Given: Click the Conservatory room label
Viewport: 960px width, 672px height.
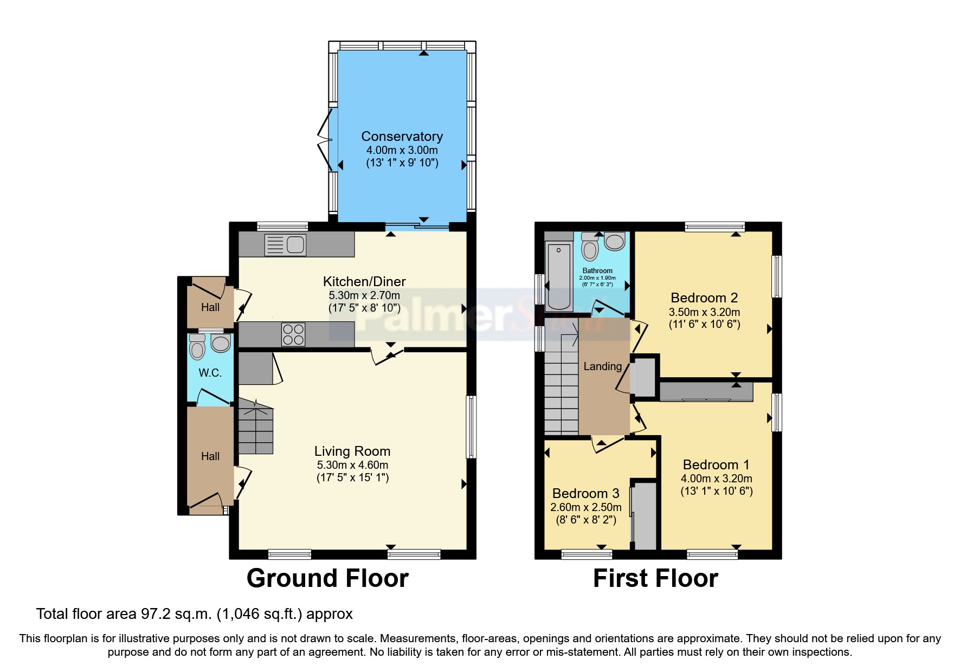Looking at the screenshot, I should [402, 137].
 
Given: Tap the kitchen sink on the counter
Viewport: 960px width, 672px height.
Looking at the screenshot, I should [286, 244].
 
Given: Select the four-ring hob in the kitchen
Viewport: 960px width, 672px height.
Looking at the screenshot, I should [293, 334].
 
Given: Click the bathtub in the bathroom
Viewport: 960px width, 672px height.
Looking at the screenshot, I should [558, 276].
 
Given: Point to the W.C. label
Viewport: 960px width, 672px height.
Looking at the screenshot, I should [210, 373].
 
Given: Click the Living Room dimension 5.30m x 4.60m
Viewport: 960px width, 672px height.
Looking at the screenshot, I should [352, 465].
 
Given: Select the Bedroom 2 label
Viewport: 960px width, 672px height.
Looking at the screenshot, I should [704, 298].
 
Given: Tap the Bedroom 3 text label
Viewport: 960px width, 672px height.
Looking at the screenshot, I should [585, 493].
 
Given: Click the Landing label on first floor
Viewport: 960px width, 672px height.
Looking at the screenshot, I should [602, 366].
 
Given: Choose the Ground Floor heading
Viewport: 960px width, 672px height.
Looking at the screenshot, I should [327, 578].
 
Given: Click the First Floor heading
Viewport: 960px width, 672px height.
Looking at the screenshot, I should [655, 578].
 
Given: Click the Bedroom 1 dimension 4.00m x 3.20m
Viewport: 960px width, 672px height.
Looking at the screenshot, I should [716, 479].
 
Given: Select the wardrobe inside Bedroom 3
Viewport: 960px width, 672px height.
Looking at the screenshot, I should [645, 515].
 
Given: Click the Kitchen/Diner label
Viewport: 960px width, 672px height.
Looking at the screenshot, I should [364, 281].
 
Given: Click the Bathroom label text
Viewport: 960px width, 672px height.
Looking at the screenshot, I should [597, 270].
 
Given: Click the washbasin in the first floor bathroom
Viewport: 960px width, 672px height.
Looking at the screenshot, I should [615, 241].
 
